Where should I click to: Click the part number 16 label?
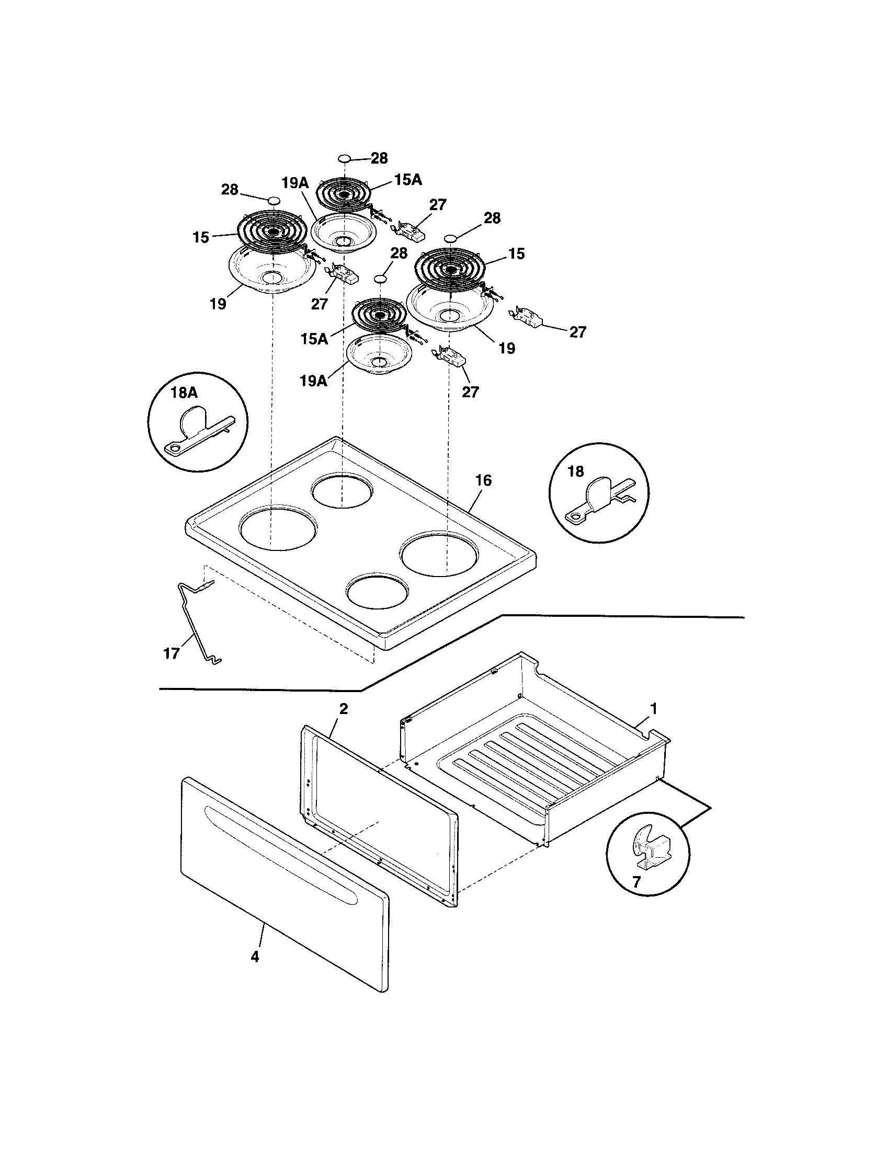(483, 480)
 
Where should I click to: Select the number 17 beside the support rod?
(172, 654)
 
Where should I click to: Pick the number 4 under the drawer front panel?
(255, 957)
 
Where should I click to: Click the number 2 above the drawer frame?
(343, 708)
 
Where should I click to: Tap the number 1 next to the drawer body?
(654, 709)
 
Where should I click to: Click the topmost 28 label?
(379, 158)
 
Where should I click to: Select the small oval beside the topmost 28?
(344, 158)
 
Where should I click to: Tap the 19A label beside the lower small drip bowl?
(314, 381)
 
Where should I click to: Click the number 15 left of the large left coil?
(201, 237)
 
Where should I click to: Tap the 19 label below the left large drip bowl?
(218, 304)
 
